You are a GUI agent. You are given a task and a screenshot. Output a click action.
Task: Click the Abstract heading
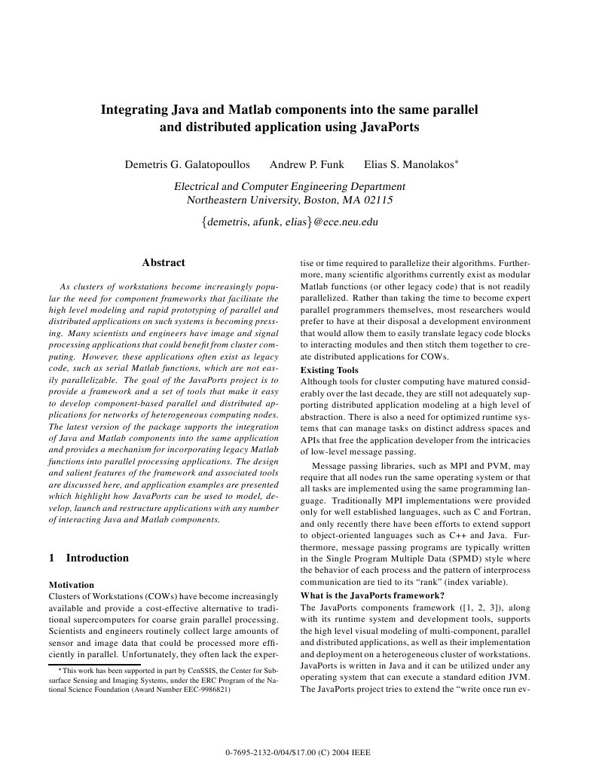(x=164, y=262)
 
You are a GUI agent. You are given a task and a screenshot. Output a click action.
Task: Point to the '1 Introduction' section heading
(x=88, y=558)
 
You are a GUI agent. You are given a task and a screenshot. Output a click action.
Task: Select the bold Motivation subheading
(x=72, y=584)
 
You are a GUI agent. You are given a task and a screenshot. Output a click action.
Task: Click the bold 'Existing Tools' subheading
(x=329, y=370)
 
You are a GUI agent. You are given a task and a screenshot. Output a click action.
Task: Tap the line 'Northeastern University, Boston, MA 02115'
(x=290, y=200)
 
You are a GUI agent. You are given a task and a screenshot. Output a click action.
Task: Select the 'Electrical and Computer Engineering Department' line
(x=290, y=186)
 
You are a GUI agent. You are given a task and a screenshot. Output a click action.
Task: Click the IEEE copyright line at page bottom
(x=298, y=753)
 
